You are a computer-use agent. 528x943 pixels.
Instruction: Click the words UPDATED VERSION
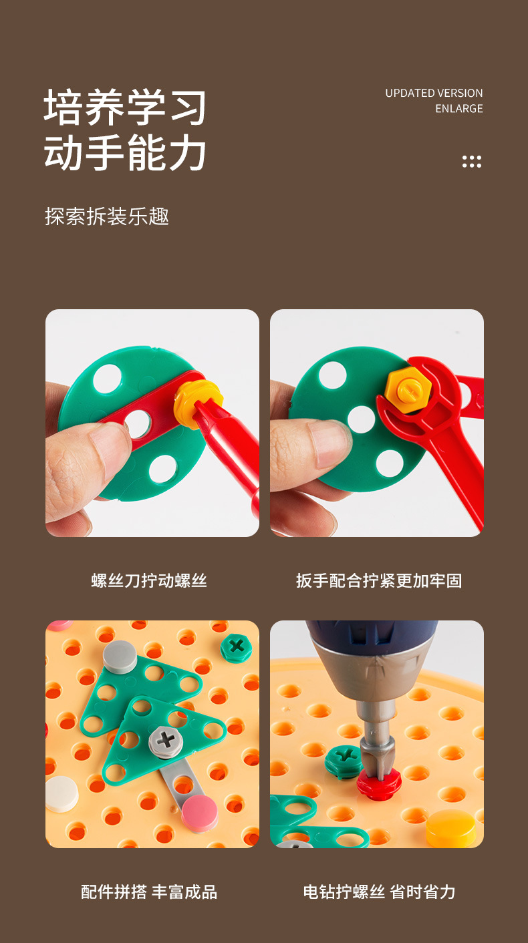pyautogui.click(x=434, y=93)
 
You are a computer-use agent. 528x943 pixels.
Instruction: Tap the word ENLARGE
pyautogui.click(x=458, y=108)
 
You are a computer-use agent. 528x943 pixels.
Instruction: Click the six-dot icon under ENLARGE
pyautogui.click(x=471, y=161)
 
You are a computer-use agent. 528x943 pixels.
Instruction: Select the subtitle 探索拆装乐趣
pyautogui.click(x=107, y=216)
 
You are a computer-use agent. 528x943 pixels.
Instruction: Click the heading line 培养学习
pyautogui.click(x=126, y=108)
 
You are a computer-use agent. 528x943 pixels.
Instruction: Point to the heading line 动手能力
pyautogui.click(x=126, y=152)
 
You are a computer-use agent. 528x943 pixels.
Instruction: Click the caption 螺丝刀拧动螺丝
pyautogui.click(x=149, y=580)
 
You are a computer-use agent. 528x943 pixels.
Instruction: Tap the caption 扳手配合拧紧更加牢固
pyautogui.click(x=379, y=580)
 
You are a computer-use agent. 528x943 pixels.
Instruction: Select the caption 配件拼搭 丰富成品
pyautogui.click(x=149, y=892)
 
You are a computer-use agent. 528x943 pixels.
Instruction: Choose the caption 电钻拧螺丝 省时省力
pyautogui.click(x=379, y=892)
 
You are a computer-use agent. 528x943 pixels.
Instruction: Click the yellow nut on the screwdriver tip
pyautogui.click(x=197, y=401)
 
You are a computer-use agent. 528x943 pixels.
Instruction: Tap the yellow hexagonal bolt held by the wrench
pyautogui.click(x=408, y=387)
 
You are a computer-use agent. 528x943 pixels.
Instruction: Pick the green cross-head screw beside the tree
pyautogui.click(x=236, y=646)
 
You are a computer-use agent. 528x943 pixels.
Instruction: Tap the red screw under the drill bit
pyautogui.click(x=378, y=784)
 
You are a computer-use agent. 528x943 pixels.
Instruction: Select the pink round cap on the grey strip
pyautogui.click(x=200, y=812)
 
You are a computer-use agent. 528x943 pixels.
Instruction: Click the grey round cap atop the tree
pyautogui.click(x=120, y=656)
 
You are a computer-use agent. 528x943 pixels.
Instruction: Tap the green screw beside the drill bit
pyautogui.click(x=344, y=761)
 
